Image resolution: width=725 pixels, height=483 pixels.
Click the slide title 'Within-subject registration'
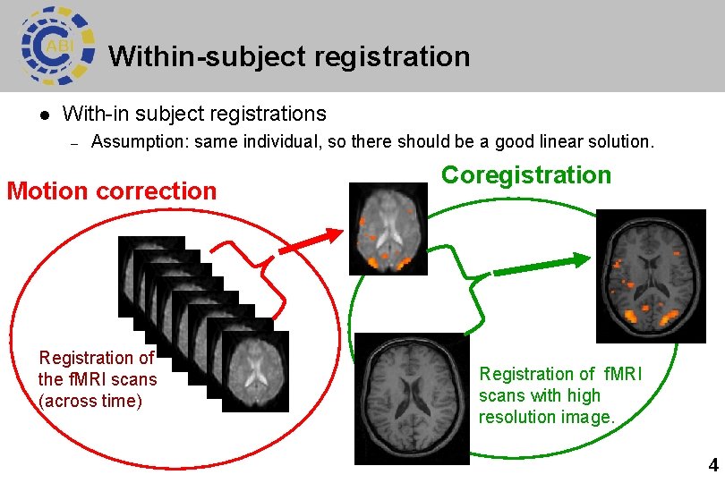289,56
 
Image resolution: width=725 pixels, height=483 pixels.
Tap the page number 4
712,465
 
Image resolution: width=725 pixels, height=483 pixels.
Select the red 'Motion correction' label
112,191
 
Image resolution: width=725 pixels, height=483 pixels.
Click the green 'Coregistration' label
526,174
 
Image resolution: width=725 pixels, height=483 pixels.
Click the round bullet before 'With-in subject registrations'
43,114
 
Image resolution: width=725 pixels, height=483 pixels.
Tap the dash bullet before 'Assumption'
76,142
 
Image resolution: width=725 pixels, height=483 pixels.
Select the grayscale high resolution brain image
412,398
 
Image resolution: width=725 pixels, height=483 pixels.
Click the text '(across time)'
90,401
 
